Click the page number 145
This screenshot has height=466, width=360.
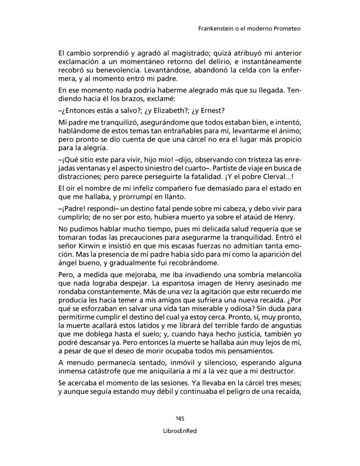pyautogui.click(x=180, y=419)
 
